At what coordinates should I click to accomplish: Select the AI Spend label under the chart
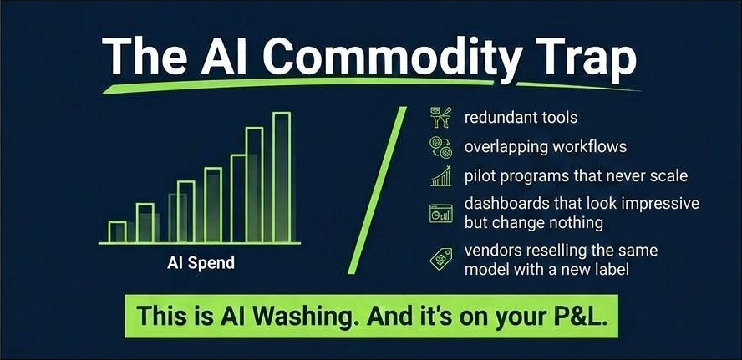pyautogui.click(x=200, y=263)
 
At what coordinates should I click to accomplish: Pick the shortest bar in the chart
pyautogui.click(x=118, y=231)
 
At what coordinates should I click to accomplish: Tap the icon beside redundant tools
pyautogui.click(x=440, y=118)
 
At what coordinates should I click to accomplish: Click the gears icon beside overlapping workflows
pyautogui.click(x=440, y=147)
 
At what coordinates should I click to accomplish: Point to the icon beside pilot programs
pyautogui.click(x=440, y=176)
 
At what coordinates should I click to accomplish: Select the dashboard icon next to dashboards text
pyautogui.click(x=440, y=213)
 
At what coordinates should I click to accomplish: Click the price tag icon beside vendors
pyautogui.click(x=440, y=260)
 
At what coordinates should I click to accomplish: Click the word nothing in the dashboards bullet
pyautogui.click(x=577, y=224)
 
